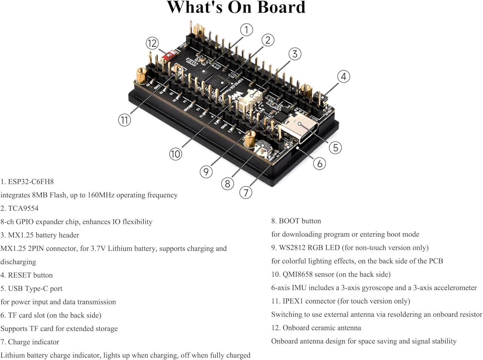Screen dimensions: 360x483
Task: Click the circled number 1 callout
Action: [246, 30]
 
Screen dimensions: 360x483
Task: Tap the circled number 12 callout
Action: [152, 43]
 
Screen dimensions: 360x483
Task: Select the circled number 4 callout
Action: [344, 77]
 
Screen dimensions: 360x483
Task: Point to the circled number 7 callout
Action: [246, 193]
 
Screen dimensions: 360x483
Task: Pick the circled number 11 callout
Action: [124, 120]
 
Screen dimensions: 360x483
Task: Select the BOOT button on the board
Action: [263, 148]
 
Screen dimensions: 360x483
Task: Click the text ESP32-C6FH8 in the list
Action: [31, 182]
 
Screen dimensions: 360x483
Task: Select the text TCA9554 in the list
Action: [23, 208]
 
